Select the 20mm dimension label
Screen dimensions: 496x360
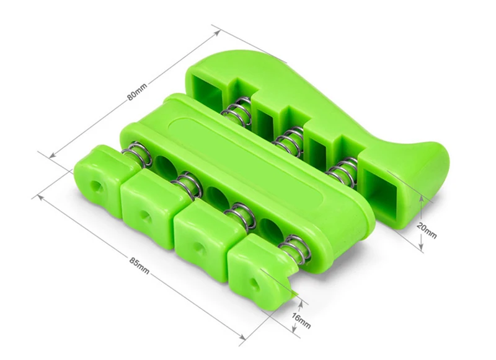427,230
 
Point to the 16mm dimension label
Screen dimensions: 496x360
301,320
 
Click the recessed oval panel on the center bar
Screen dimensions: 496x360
247,161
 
